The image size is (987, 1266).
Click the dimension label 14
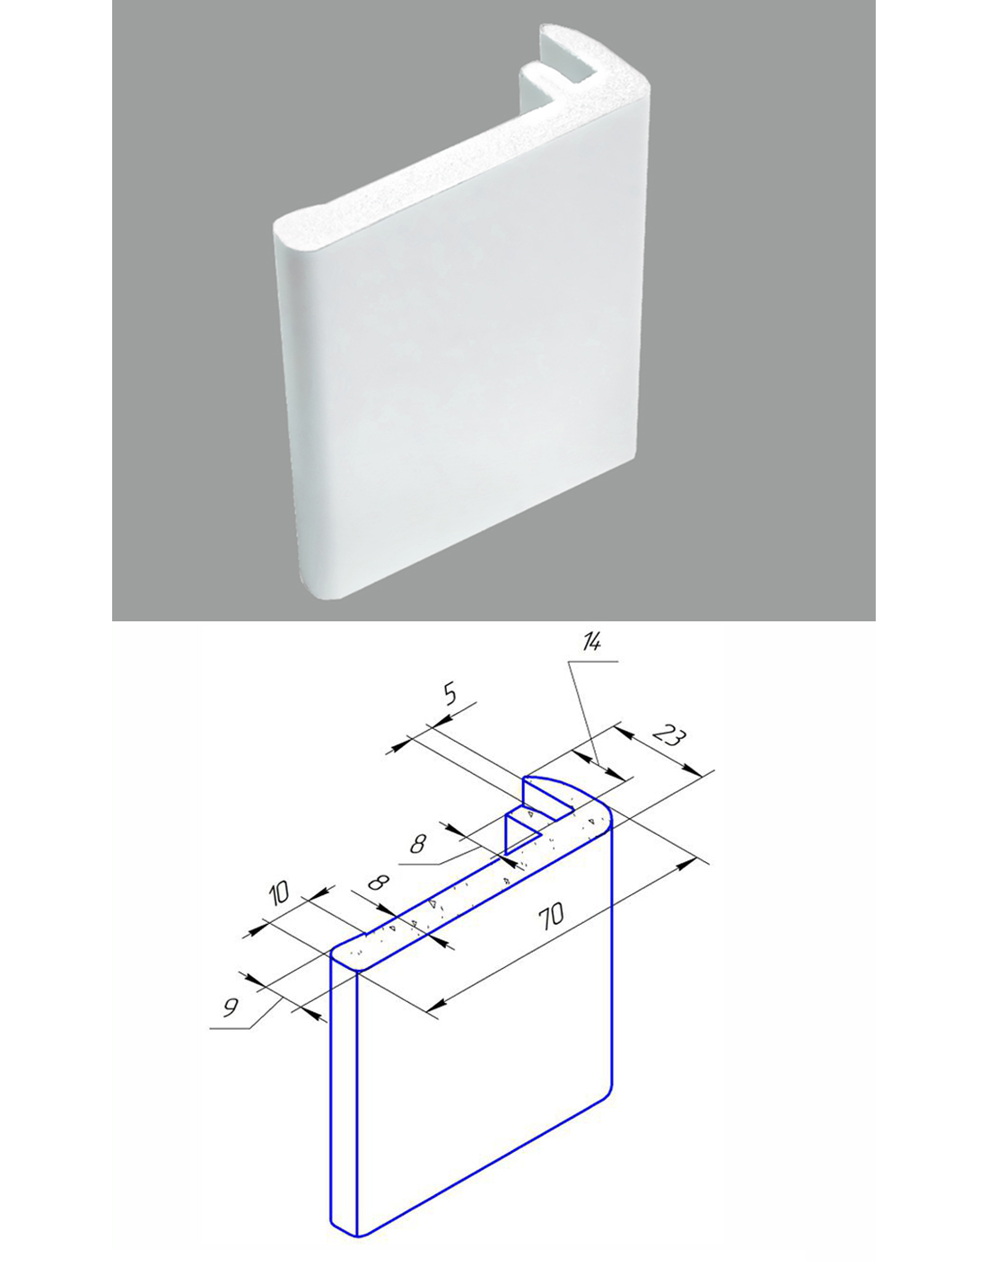[591, 642]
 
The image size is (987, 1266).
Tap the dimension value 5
[450, 694]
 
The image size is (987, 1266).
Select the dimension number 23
[669, 736]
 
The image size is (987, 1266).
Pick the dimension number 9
[231, 1007]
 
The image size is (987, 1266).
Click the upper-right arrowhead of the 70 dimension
[687, 865]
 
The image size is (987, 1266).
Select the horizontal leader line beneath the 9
[230, 1029]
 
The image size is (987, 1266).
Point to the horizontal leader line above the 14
[593, 662]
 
